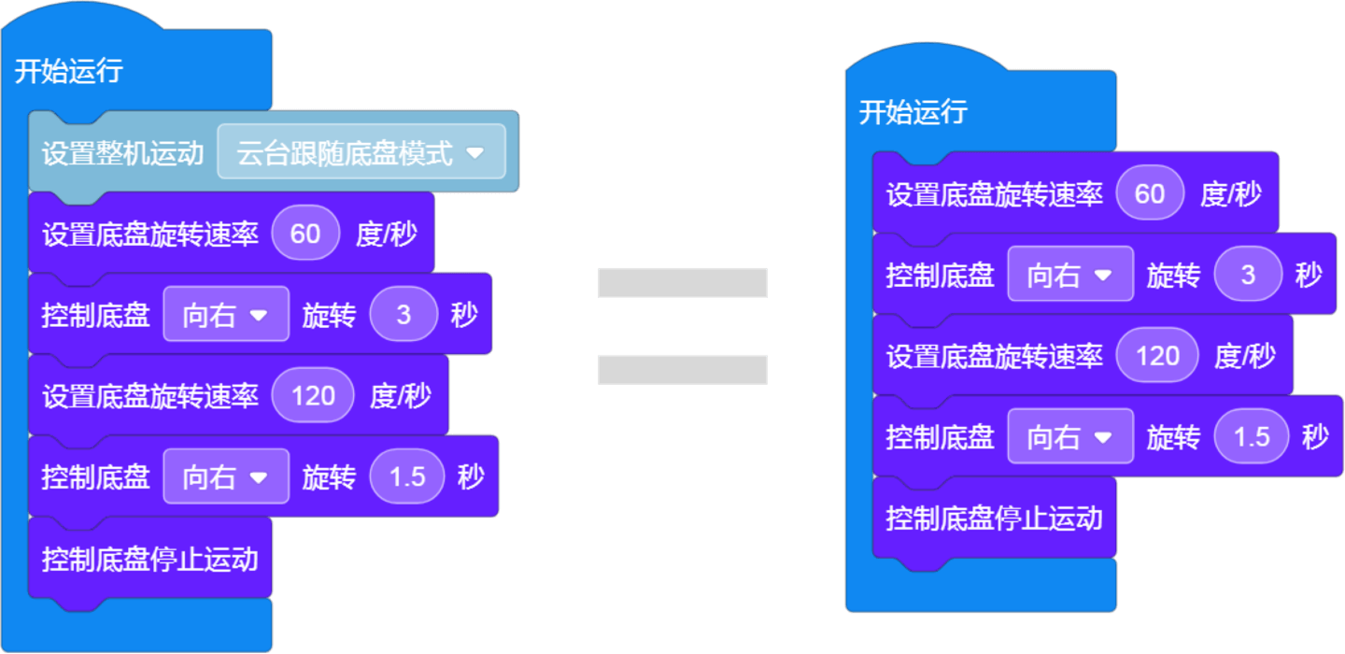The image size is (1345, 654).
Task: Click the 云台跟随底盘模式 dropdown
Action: click(361, 152)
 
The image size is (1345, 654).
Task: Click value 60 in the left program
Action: click(305, 234)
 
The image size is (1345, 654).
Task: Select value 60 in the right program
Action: click(1150, 193)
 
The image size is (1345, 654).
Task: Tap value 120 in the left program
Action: click(313, 396)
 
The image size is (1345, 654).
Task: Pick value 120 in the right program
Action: click(1157, 356)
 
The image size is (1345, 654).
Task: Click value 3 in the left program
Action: click(403, 315)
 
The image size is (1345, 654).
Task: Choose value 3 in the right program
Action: click(1248, 275)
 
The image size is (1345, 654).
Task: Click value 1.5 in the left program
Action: click(407, 477)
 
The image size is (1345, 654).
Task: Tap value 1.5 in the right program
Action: click(1252, 436)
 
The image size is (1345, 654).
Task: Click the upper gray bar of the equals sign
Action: click(682, 282)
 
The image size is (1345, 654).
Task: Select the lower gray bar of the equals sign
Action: click(682, 369)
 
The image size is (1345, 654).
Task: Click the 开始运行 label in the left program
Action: click(68, 72)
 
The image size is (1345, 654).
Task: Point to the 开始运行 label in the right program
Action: click(913, 113)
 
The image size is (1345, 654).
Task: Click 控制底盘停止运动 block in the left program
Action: click(149, 560)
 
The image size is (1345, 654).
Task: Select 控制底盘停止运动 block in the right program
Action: click(994, 519)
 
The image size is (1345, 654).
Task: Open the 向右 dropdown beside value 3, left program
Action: click(225, 315)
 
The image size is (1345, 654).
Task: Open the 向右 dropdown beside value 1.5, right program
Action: click(1069, 436)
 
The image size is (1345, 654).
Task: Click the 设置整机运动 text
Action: click(122, 153)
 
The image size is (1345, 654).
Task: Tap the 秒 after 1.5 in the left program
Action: click(471, 477)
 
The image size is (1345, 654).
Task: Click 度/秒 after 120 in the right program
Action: click(1244, 356)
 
